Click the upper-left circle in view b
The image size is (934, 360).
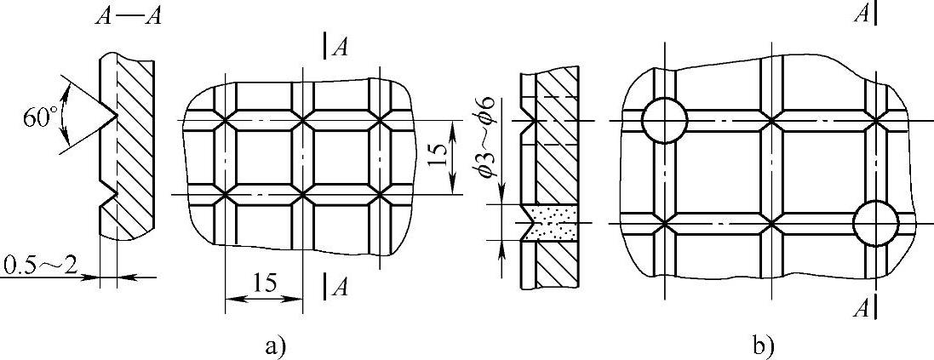pos(664,121)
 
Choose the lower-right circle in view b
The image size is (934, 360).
pos(875,224)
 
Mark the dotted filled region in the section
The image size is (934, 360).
pos(547,222)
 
